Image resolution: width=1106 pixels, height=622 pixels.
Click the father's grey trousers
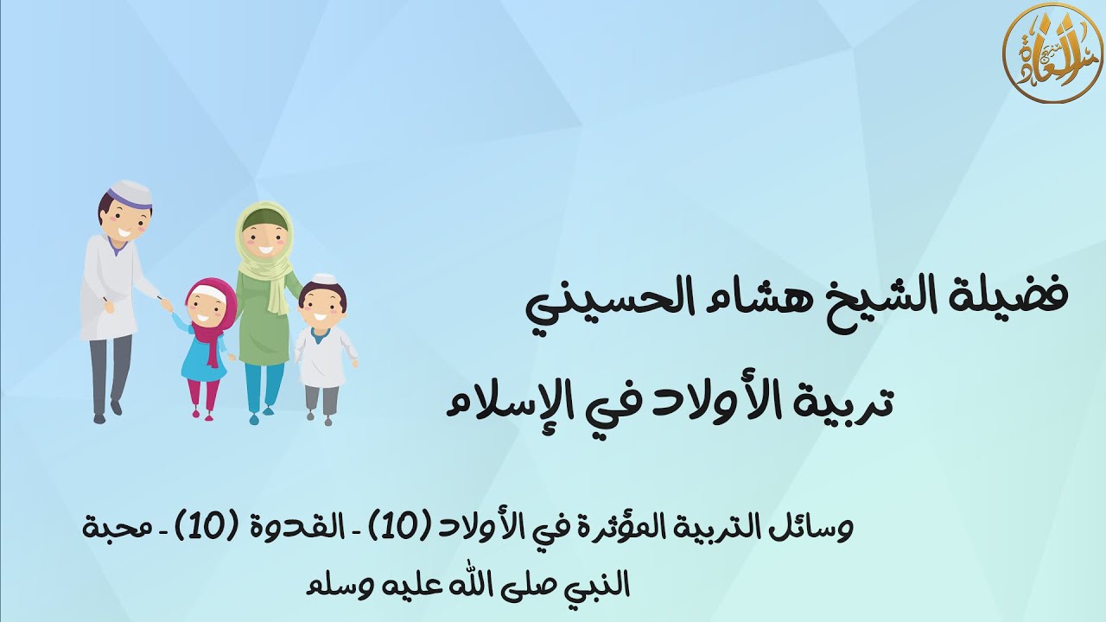tap(111, 371)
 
